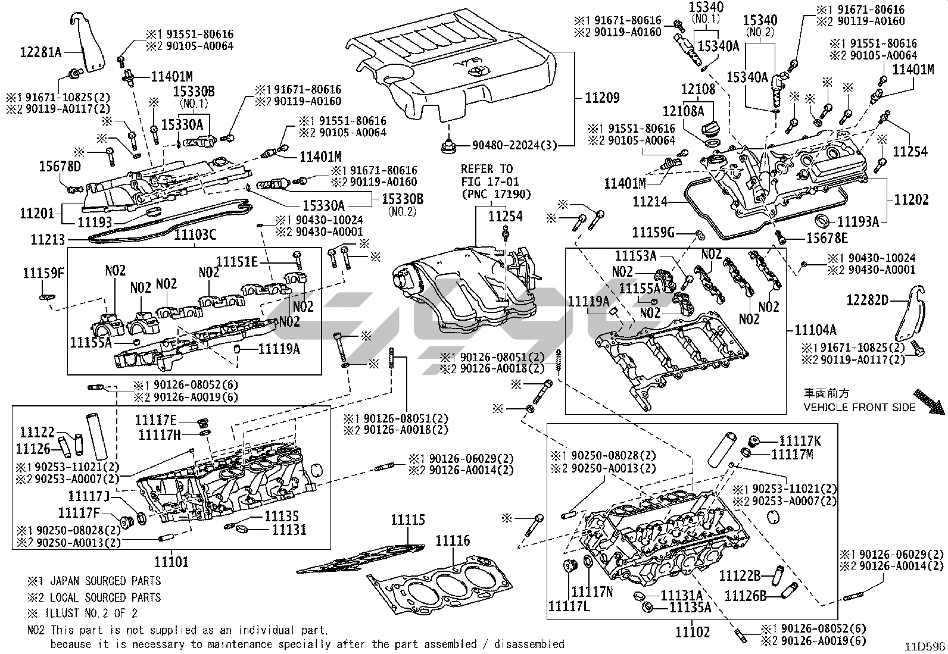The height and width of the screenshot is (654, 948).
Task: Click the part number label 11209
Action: pyautogui.click(x=602, y=98)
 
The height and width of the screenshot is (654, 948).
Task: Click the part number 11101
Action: pyautogui.click(x=171, y=561)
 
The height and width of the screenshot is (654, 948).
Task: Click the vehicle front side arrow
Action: pyautogui.click(x=929, y=400)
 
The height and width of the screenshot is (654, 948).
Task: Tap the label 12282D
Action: pyautogui.click(x=867, y=301)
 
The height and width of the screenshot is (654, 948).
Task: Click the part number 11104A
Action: pyautogui.click(x=815, y=330)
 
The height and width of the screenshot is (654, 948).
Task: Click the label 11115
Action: pyautogui.click(x=407, y=520)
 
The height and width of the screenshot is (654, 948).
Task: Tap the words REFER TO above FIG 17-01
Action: pyautogui.click(x=486, y=169)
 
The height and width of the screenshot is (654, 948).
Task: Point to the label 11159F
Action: pyautogui.click(x=43, y=273)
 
